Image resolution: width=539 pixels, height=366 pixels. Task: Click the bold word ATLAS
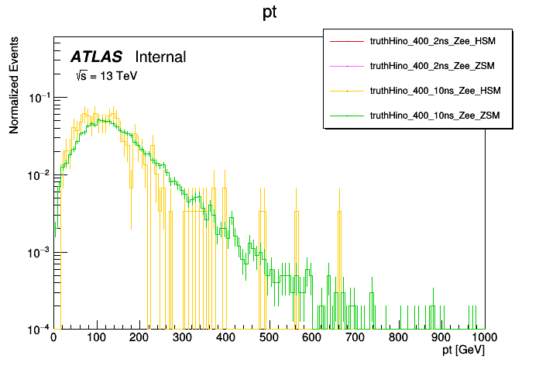[x=97, y=57]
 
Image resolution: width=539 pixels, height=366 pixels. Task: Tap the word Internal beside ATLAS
[x=160, y=57]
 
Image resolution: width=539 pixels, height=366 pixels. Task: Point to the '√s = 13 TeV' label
[x=106, y=76]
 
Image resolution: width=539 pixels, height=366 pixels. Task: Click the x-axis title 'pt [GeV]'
[x=464, y=350]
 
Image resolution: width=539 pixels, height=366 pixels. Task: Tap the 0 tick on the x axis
[x=53, y=338]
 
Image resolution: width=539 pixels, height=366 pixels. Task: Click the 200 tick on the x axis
[x=139, y=338]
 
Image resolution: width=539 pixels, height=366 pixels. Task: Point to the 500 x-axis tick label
[x=269, y=338]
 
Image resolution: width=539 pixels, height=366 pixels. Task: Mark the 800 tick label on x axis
[x=398, y=338]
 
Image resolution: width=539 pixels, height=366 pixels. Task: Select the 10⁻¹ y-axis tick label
[x=38, y=98]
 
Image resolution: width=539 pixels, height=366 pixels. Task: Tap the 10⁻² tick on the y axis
[x=38, y=175]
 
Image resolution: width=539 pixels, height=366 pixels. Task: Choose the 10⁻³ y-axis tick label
[x=38, y=253]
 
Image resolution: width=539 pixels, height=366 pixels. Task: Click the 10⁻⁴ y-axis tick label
[x=38, y=330]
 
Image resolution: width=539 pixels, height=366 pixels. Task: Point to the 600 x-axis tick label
[x=312, y=338]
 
